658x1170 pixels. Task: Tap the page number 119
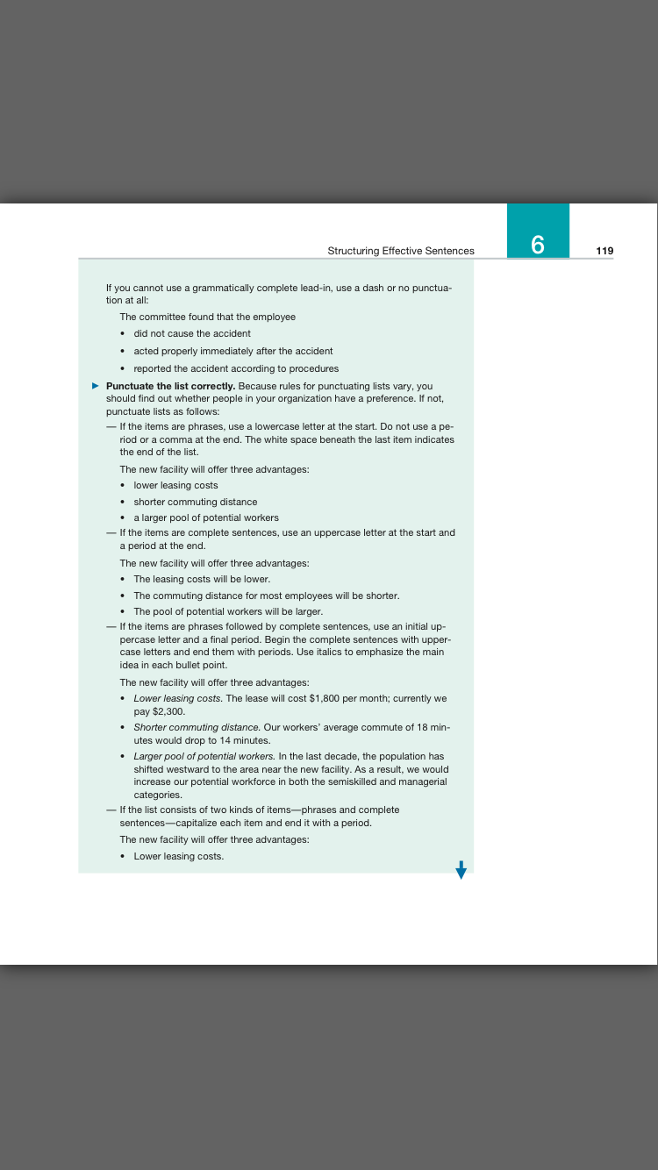pos(604,251)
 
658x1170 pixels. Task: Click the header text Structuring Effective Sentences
pos(401,251)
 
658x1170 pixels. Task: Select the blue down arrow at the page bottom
pos(461,868)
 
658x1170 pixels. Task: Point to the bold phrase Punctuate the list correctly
pos(170,386)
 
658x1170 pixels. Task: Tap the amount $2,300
pos(170,712)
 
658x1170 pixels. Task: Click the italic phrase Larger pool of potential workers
pos(204,756)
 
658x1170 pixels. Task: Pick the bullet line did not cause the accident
pos(192,334)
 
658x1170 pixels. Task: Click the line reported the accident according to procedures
pos(236,368)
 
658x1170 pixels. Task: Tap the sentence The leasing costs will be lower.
pos(202,580)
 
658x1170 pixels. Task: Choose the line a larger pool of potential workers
pos(206,517)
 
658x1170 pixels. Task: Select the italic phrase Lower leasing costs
pos(178,699)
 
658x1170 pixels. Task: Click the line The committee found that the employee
pos(207,317)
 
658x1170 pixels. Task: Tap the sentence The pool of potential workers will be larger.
pos(228,611)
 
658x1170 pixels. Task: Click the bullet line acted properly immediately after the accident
pos(233,351)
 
